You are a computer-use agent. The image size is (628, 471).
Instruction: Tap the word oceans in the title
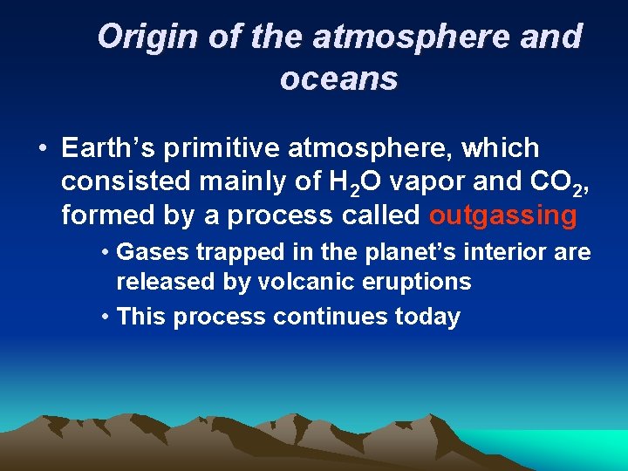pos(338,78)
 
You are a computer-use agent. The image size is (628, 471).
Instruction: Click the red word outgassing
pos(503,215)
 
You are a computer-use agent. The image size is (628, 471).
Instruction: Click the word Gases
pos(153,253)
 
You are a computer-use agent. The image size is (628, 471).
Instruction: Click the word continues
pos(326,316)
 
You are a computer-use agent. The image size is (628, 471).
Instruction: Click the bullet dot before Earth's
pos(42,150)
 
